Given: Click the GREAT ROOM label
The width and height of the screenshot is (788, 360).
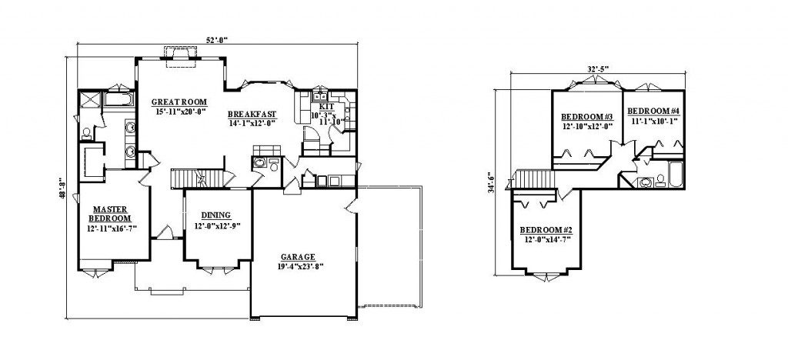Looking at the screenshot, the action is pyautogui.click(x=179, y=102).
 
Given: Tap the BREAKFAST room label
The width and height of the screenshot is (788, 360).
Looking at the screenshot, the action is pyautogui.click(x=252, y=114).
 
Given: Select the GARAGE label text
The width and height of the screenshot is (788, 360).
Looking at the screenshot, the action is pyautogui.click(x=298, y=257).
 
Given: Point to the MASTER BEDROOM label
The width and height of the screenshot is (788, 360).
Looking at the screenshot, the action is pyautogui.click(x=110, y=214).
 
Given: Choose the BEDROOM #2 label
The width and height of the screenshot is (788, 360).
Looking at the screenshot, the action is pyautogui.click(x=546, y=230).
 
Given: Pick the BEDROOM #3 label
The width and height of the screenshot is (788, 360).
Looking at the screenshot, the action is pyautogui.click(x=587, y=117).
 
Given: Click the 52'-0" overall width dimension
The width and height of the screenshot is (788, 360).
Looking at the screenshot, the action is pyautogui.click(x=216, y=40).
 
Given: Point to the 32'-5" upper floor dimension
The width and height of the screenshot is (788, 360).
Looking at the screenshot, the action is pyautogui.click(x=598, y=68).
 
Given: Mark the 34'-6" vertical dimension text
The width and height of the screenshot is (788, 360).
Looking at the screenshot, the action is pyautogui.click(x=491, y=183).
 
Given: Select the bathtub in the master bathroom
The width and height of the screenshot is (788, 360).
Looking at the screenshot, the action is pyautogui.click(x=119, y=98).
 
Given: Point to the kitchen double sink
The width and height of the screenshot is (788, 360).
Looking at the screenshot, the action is pyautogui.click(x=320, y=96).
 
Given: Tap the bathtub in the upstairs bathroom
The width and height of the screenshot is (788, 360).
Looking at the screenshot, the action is pyautogui.click(x=676, y=174).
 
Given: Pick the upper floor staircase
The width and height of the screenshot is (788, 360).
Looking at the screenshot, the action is pyautogui.click(x=533, y=178).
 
